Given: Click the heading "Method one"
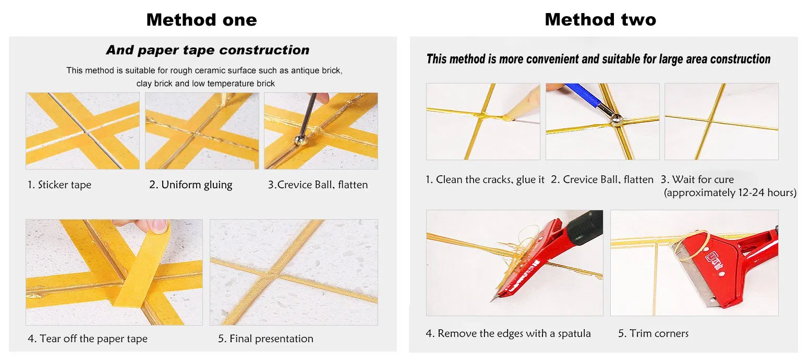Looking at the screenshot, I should point(201,20).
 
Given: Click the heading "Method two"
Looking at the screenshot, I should point(600,20).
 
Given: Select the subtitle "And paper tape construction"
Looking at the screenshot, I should point(207,50).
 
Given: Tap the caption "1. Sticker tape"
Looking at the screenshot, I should point(59,185).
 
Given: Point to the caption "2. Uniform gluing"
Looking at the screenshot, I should point(190,185).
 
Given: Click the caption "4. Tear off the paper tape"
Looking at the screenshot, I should point(87,339).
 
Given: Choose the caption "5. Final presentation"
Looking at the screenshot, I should point(265,339).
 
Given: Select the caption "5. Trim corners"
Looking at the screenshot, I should point(653,333).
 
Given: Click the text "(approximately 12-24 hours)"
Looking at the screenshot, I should point(730,193).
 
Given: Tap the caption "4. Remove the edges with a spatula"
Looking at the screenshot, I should point(508,333).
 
